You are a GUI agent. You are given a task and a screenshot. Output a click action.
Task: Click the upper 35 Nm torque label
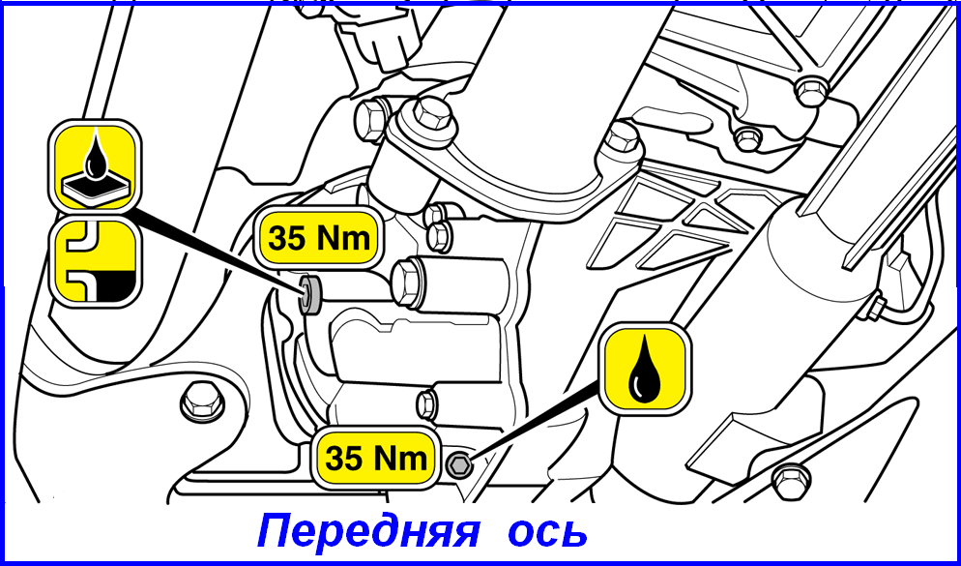(319, 239)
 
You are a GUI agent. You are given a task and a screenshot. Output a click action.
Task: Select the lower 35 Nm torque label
(376, 458)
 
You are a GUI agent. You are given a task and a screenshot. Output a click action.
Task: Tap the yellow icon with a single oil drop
(645, 368)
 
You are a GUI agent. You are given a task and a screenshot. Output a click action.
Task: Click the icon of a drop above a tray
(95, 165)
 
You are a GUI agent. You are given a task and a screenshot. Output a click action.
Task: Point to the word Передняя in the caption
(367, 531)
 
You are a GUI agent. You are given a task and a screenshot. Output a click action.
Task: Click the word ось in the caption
(547, 531)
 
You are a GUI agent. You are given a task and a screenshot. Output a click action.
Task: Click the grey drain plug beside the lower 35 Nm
(458, 466)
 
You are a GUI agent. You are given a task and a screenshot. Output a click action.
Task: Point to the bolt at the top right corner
(811, 91)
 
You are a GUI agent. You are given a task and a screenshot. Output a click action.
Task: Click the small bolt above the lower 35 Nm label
(427, 404)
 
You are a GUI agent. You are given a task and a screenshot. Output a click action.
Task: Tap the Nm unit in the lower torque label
(402, 458)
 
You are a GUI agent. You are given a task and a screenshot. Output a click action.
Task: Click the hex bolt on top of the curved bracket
(433, 112)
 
